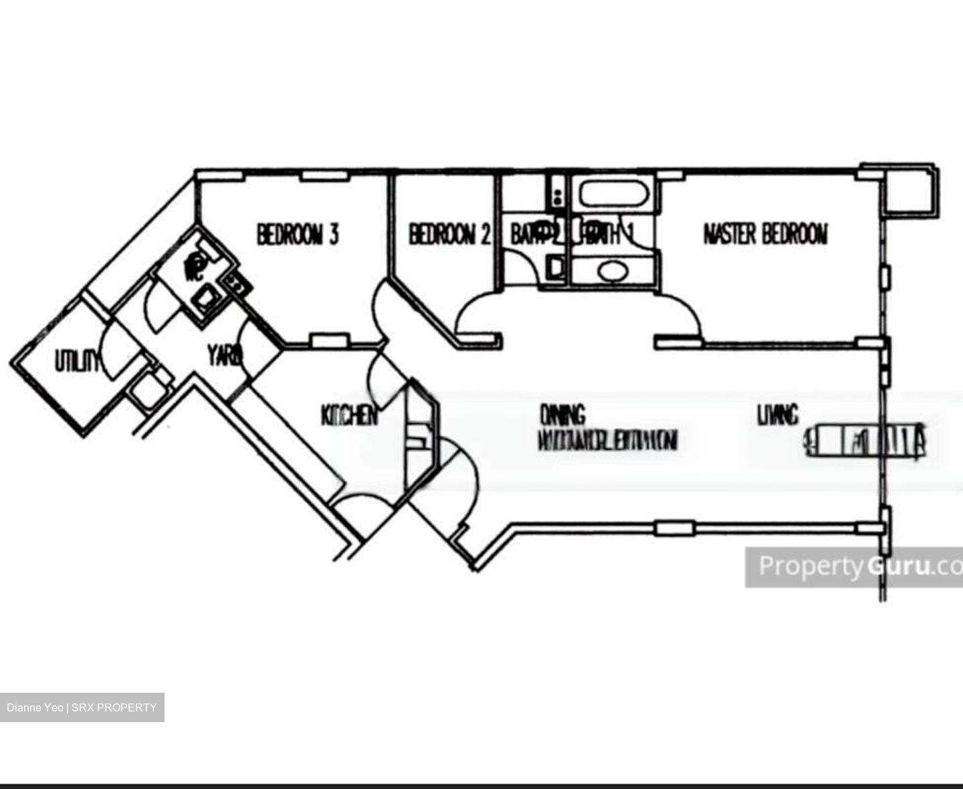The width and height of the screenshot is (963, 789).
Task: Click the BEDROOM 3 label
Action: tap(298, 235)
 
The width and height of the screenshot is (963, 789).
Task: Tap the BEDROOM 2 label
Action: tap(449, 235)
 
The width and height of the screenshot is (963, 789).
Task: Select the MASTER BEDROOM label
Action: tap(765, 235)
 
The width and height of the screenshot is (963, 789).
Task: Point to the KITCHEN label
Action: tap(349, 416)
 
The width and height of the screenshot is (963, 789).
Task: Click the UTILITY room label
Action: tap(77, 362)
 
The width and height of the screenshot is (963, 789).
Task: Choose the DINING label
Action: tap(562, 415)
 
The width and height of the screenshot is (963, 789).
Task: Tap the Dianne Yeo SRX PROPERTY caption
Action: tap(82, 707)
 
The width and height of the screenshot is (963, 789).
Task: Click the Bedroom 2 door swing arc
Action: tap(475, 314)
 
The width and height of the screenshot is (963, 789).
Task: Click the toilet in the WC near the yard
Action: tap(195, 265)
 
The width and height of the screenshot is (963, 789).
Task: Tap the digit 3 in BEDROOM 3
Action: tap(332, 235)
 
